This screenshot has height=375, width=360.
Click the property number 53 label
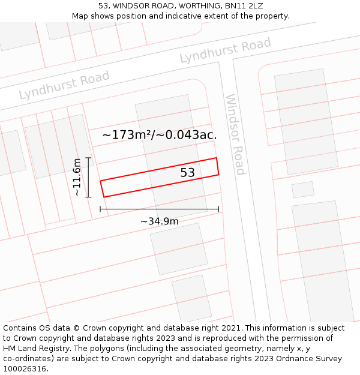(188, 173)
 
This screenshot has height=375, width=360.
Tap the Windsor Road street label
(235, 134)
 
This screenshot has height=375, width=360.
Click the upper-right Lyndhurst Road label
(225, 50)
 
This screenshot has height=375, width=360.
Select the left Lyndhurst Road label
(64, 85)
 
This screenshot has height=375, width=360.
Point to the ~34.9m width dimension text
(160, 221)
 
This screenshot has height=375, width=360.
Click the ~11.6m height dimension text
(77, 177)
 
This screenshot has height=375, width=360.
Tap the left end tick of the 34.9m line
(100, 209)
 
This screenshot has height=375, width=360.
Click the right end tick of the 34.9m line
(218, 209)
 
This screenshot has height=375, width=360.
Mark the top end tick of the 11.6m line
(88, 158)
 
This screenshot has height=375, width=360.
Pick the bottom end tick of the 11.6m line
(88, 197)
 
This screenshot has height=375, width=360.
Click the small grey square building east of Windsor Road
(303, 190)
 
